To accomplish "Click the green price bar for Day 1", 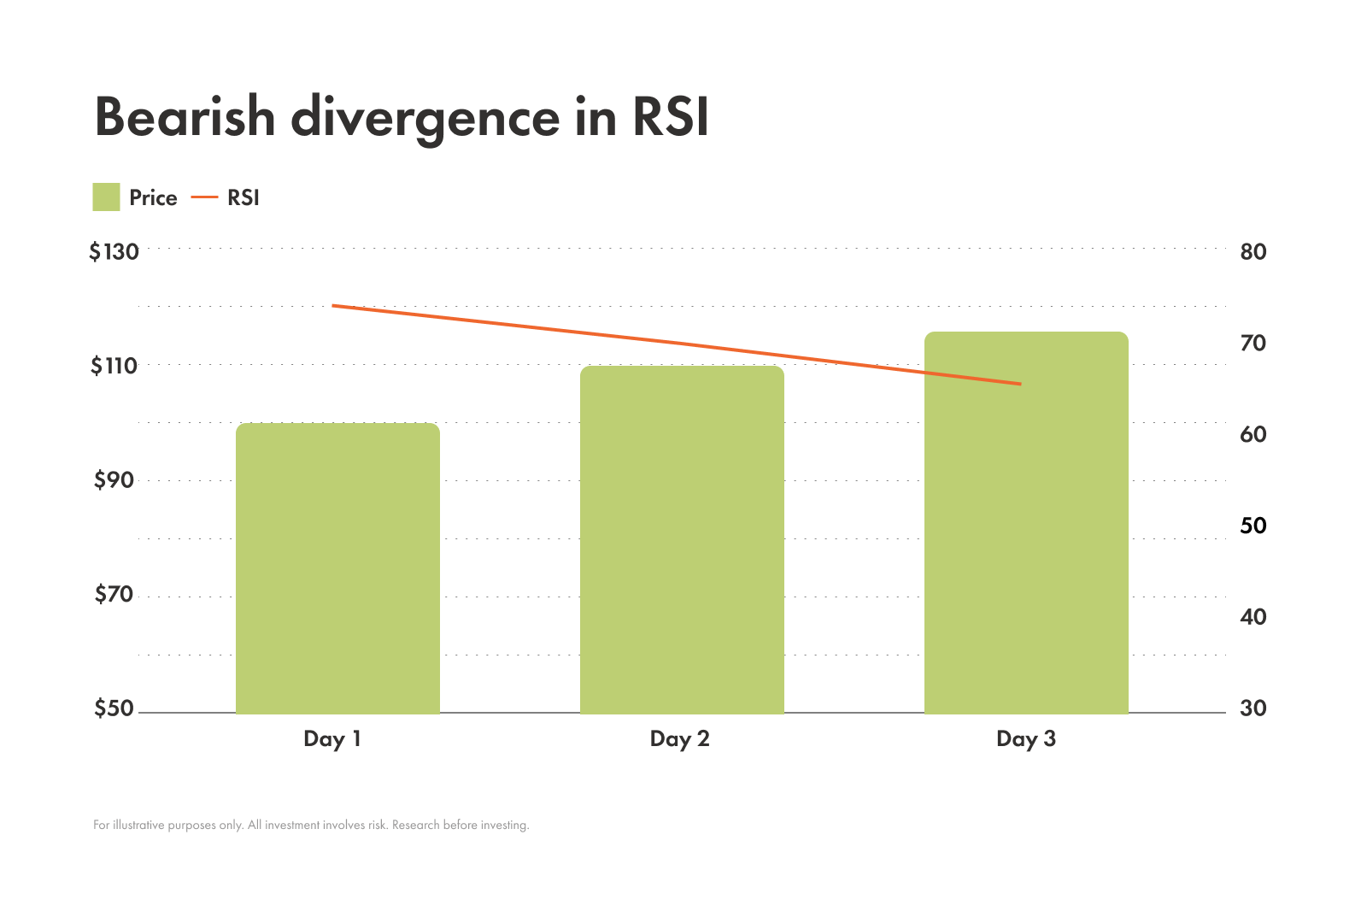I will point(337,568).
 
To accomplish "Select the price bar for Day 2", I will point(682,540).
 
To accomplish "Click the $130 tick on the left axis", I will point(114,252).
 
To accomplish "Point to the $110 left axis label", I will point(114,366).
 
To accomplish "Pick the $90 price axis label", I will point(114,480).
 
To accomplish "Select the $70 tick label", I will point(114,594).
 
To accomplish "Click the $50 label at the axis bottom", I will point(114,708).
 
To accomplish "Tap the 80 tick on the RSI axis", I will point(1253,252).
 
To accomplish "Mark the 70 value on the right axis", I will point(1253,343).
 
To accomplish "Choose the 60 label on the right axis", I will point(1253,434).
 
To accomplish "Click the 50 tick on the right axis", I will point(1253,526).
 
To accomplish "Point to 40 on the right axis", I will point(1253,617).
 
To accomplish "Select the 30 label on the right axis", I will point(1253,708).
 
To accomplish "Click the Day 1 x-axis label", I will point(332,739).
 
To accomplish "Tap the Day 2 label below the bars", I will point(679,739).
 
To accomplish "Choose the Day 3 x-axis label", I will point(1025,739).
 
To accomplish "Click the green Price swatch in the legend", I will point(106,197).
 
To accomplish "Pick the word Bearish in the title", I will point(185,117).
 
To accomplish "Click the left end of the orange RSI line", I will point(333,305).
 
